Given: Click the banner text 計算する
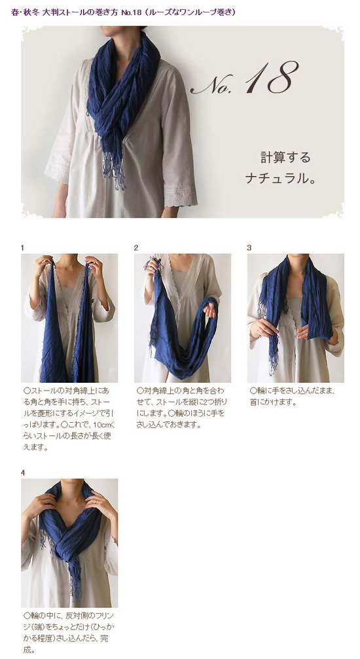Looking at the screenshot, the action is pyautogui.click(x=285, y=158).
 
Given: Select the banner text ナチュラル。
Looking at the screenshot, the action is pyautogui.click(x=281, y=178).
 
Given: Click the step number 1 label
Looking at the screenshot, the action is pyautogui.click(x=23, y=248).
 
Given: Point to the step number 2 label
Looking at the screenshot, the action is pyautogui.click(x=136, y=248).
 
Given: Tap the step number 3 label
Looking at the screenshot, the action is pyautogui.click(x=249, y=248).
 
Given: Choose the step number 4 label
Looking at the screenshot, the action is pyautogui.click(x=23, y=472).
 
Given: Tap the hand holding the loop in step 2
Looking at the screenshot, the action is pyautogui.click(x=209, y=310).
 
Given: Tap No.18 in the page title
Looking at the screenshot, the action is pyautogui.click(x=132, y=12).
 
